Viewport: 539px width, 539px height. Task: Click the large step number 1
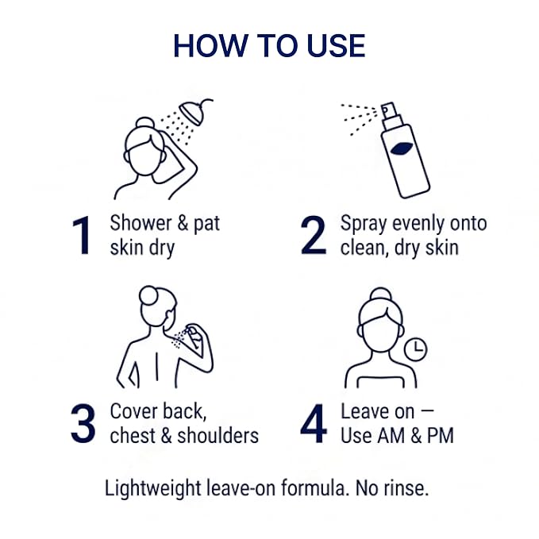coord(82,236)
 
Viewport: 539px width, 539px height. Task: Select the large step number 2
coord(313,236)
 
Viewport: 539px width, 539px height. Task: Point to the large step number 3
coord(83,424)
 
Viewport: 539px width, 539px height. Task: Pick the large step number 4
coord(314,424)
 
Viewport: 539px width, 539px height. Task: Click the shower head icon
coord(195,110)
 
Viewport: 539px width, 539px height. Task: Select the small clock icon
coord(416,349)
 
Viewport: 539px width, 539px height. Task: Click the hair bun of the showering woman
coord(144,124)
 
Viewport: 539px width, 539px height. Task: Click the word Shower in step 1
coord(141,223)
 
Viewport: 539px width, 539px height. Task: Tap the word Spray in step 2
coord(364,225)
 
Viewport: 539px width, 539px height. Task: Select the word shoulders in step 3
coord(218,436)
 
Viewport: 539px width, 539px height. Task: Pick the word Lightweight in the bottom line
coord(152,489)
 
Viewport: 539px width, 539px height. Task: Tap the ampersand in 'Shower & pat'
coord(183,223)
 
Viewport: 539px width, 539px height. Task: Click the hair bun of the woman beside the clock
coord(381,296)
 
